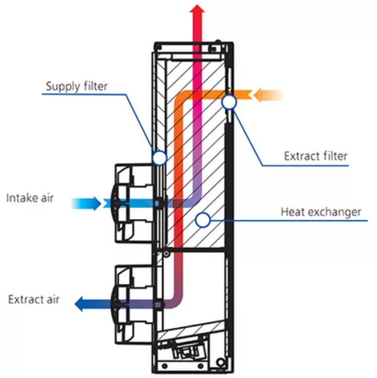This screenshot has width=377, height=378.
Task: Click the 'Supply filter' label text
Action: pyautogui.click(x=77, y=86)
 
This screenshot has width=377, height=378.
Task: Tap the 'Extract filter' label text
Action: pyautogui.click(x=315, y=156)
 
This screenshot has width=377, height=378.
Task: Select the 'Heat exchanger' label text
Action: pyautogui.click(x=321, y=212)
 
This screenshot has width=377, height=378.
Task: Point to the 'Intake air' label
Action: pyautogui.click(x=30, y=198)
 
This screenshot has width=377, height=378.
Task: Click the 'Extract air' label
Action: pyautogui.click(x=34, y=299)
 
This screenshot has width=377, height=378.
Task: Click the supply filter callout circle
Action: pyautogui.click(x=160, y=158)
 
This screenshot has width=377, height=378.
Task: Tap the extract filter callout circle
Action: pyautogui.click(x=229, y=102)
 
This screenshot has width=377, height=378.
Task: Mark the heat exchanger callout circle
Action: pyautogui.click(x=203, y=220)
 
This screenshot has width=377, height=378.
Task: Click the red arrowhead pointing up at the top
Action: pyautogui.click(x=197, y=8)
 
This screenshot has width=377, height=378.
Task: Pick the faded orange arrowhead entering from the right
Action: pyautogui.click(x=258, y=95)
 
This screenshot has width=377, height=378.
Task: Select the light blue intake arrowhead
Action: pyautogui.click(x=97, y=204)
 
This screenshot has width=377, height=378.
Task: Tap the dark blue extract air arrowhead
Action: pyautogui.click(x=79, y=304)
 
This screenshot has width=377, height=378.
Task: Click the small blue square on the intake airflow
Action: pyautogui.click(x=157, y=204)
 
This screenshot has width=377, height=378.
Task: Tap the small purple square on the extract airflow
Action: pyautogui.click(x=158, y=304)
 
